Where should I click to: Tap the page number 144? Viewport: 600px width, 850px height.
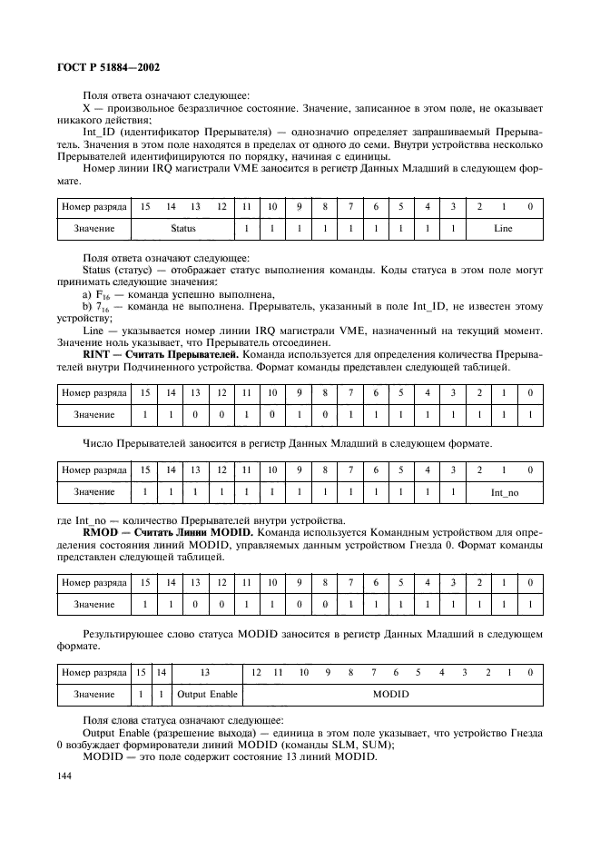(x=69, y=776)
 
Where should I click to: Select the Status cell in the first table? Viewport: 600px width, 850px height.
(x=183, y=230)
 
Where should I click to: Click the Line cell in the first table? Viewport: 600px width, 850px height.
(x=503, y=230)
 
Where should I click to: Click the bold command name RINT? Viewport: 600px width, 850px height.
(x=97, y=351)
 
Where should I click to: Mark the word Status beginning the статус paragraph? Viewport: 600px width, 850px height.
(x=100, y=271)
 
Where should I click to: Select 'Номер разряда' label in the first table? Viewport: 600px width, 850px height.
(x=93, y=207)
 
